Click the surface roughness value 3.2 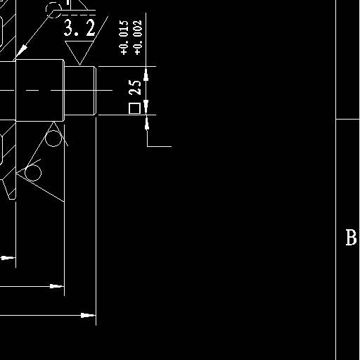click(79, 28)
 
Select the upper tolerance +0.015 click(124, 37)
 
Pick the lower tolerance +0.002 click(138, 37)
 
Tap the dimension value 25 click(135, 87)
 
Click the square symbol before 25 click(134, 108)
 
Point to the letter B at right click(351, 238)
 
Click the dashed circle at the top click(54, 10)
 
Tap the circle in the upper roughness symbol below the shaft click(53, 139)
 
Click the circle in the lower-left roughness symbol click(33, 173)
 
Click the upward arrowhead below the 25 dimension click(147, 123)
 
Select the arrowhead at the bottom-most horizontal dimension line click(88, 315)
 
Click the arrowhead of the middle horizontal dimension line click(57, 286)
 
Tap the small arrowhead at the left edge click(8, 258)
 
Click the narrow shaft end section click(80, 91)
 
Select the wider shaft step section click(40, 91)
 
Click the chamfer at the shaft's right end click(95, 91)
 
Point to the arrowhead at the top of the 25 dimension click(146, 74)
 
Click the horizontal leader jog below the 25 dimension click(160, 146)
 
